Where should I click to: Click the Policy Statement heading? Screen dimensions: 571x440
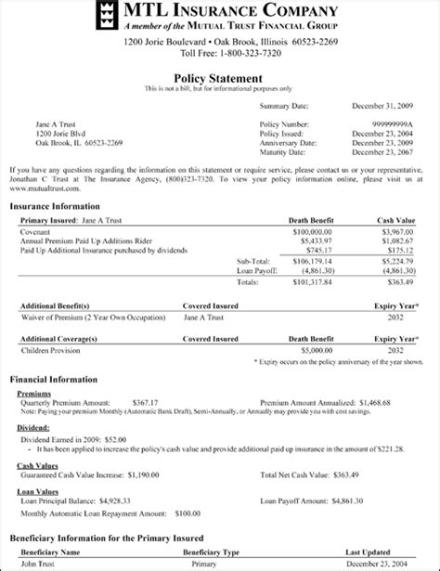tap(220, 78)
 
